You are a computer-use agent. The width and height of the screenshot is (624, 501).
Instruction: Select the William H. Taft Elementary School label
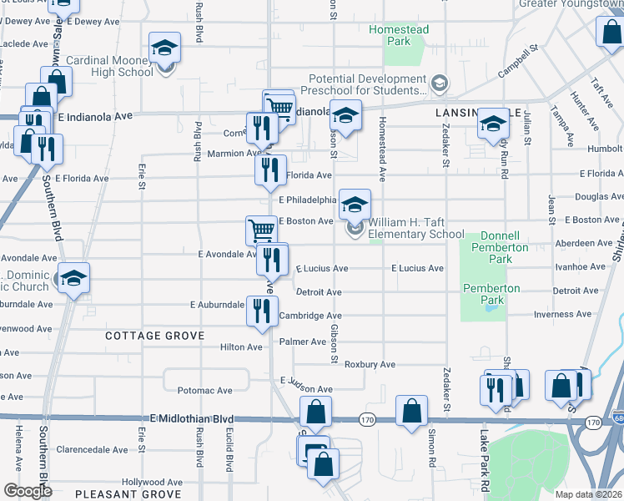tap(416, 228)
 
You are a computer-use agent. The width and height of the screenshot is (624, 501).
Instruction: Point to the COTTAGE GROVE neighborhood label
tap(154, 335)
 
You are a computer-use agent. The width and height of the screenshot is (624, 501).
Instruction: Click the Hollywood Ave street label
tap(152, 482)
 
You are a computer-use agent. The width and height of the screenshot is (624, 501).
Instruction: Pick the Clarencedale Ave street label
tap(92, 449)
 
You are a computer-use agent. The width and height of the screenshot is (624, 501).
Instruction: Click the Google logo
tap(27, 491)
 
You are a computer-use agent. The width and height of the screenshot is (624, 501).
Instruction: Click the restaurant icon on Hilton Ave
tap(262, 311)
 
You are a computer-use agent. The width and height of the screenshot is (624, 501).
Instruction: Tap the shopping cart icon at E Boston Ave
tap(261, 230)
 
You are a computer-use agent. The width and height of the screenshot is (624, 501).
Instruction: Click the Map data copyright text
tap(589, 494)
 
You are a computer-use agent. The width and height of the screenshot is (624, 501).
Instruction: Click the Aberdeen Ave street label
tap(582, 242)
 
